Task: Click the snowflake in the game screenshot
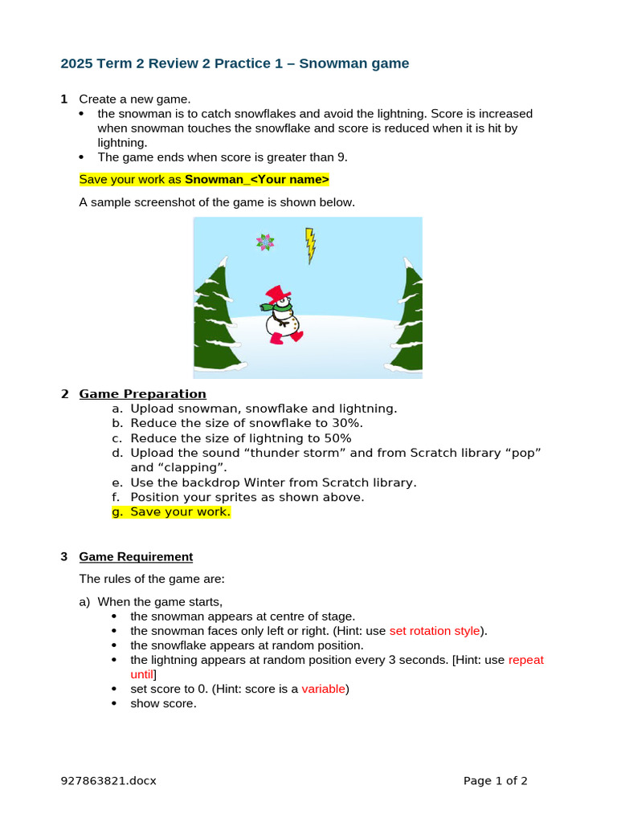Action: pyautogui.click(x=265, y=241)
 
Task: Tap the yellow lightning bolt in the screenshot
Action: pyautogui.click(x=310, y=245)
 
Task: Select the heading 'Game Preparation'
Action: pyautogui.click(x=142, y=394)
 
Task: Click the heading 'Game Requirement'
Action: pyautogui.click(x=136, y=557)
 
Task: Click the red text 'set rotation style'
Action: pyautogui.click(x=435, y=631)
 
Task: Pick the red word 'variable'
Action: pyautogui.click(x=324, y=689)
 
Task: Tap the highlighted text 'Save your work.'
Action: pyautogui.click(x=180, y=512)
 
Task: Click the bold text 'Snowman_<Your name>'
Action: pyautogui.click(x=257, y=179)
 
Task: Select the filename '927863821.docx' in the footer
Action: pyautogui.click(x=108, y=780)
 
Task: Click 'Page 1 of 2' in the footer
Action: pyautogui.click(x=496, y=780)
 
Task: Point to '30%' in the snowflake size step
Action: pyautogui.click(x=347, y=424)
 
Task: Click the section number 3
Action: pyautogui.click(x=64, y=557)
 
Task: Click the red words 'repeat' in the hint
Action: pyautogui.click(x=526, y=660)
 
